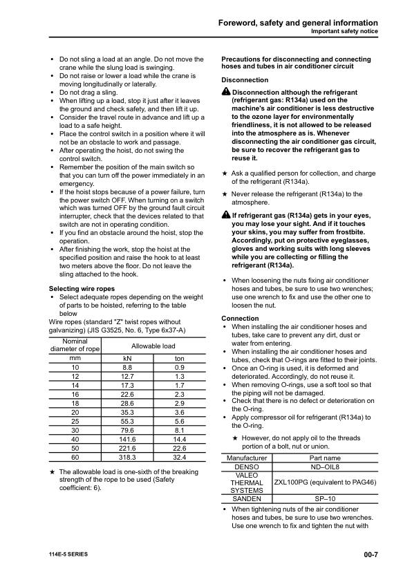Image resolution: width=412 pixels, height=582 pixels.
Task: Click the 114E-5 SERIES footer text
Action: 68,554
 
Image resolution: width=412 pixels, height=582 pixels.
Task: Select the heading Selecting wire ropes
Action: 81,288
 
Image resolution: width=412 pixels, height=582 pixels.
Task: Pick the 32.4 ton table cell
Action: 179,457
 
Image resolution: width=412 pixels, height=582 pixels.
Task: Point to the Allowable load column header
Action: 153,345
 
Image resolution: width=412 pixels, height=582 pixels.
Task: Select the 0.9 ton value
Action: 179,367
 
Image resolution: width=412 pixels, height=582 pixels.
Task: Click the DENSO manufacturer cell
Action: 247,467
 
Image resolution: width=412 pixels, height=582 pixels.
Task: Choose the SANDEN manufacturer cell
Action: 247,498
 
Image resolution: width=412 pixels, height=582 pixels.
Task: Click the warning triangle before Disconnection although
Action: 225,93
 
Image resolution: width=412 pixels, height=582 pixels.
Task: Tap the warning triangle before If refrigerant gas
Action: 225,216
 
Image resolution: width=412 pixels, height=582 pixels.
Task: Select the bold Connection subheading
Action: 240,318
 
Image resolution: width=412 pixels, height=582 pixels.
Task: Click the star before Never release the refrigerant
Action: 224,195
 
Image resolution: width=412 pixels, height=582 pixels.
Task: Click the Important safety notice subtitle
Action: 344,32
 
